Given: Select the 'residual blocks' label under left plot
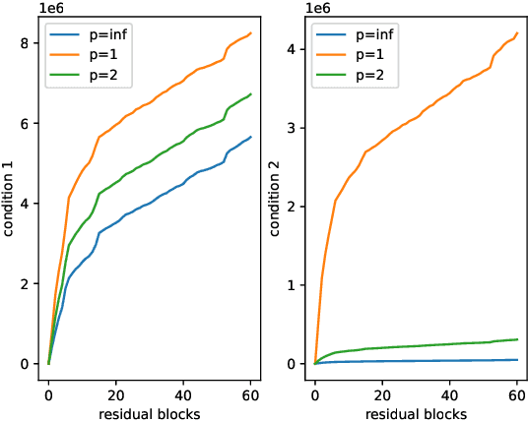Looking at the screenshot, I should point(150,413).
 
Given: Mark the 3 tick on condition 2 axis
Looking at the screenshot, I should point(293,128).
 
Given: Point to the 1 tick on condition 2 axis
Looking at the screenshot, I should point(293,285).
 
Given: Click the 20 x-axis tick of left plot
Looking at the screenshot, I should point(115,394).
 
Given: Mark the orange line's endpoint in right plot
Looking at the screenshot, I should point(517,32).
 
